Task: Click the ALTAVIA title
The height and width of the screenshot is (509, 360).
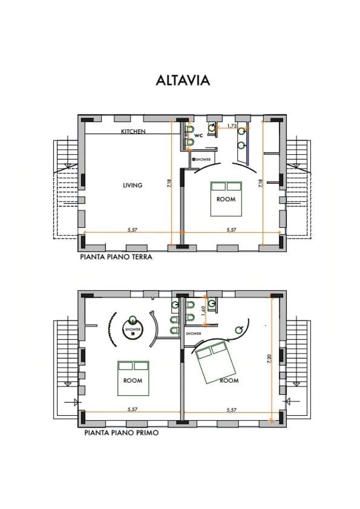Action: click(x=183, y=80)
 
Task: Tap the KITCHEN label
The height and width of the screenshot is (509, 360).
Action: click(x=133, y=132)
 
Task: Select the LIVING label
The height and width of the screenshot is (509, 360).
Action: click(x=133, y=186)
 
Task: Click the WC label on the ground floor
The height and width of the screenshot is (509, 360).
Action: click(x=198, y=137)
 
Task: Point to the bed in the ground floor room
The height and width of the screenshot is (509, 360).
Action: click(x=225, y=198)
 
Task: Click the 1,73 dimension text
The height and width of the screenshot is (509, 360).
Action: click(x=231, y=126)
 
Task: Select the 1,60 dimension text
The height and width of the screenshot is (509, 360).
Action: click(x=203, y=312)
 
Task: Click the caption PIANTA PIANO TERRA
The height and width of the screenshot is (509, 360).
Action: click(x=115, y=256)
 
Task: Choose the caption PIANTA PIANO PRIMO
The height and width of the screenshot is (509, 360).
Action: click(x=122, y=433)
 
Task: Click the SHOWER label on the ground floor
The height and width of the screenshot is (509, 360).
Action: click(x=201, y=160)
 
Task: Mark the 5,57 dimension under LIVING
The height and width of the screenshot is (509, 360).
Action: click(x=133, y=230)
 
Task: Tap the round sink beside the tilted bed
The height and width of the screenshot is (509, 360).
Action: click(x=240, y=329)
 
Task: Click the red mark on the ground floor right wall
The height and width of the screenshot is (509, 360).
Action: click(x=273, y=181)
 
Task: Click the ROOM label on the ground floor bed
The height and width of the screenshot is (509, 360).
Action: click(x=225, y=199)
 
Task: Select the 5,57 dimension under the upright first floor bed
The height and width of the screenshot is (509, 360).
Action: click(x=133, y=409)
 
